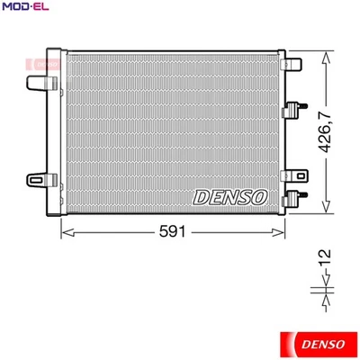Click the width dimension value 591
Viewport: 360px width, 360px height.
click(x=173, y=231)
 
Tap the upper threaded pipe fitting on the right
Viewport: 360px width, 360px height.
click(x=293, y=112)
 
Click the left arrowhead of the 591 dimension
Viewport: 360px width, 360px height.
click(x=65, y=231)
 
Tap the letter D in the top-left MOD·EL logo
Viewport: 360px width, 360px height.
click(x=23, y=8)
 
